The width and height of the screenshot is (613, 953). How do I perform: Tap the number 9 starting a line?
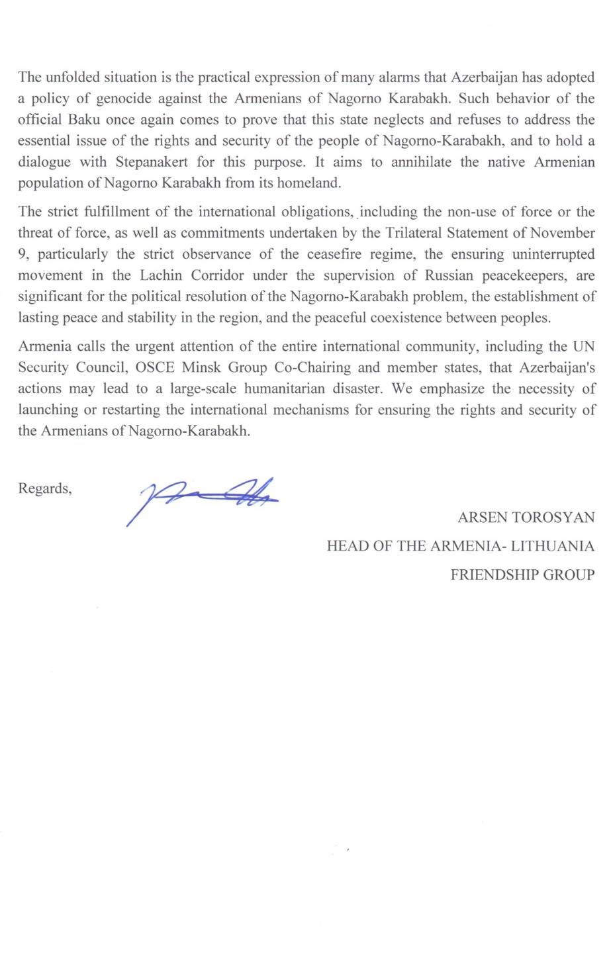[x=22, y=255]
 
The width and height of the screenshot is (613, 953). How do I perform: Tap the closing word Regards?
[x=44, y=489]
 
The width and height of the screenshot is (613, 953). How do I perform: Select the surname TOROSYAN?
[x=555, y=518]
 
